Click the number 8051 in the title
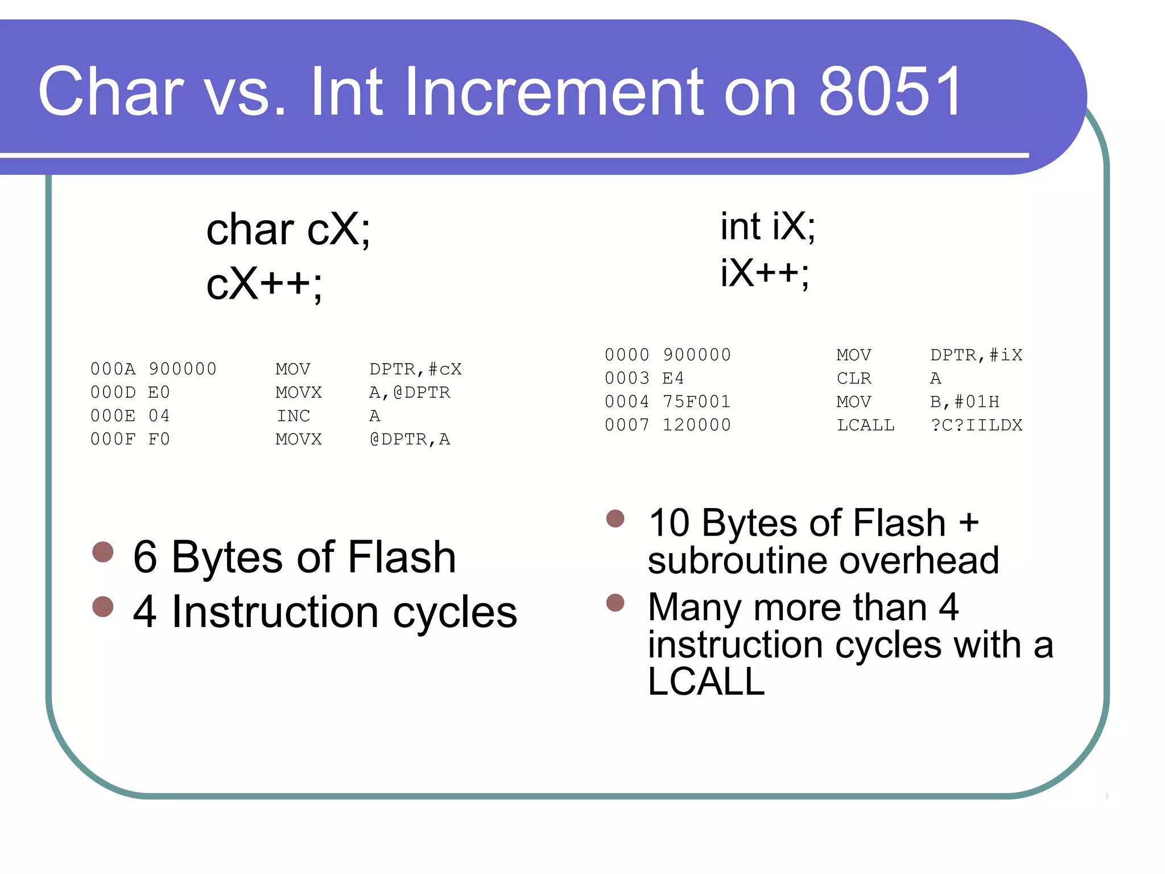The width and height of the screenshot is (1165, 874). pos(889,91)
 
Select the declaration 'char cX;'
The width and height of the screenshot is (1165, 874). pos(288,229)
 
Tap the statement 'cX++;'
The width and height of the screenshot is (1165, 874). pos(264,284)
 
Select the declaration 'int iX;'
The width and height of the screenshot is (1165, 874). pos(768,226)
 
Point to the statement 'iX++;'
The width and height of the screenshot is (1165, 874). pos(765,273)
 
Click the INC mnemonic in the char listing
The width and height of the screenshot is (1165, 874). pos(293,416)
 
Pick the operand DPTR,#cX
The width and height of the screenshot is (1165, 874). pos(415,369)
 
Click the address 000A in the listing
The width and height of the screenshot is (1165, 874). pos(113,369)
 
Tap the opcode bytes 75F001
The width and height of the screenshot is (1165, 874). pos(696,402)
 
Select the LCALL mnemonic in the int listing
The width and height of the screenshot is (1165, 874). pos(865,425)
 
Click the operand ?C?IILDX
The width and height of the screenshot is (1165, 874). pos(976,425)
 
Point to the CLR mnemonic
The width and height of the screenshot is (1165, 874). pos(854,378)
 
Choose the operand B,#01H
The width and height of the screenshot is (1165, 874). pos(964,402)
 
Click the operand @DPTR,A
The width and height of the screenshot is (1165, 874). pos(410,439)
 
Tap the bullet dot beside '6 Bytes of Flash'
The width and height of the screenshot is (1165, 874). pos(103,551)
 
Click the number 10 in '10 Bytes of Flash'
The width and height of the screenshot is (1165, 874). pos(669,523)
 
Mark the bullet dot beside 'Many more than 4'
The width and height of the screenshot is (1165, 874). pos(615,603)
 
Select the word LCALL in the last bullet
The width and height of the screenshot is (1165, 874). pos(706,681)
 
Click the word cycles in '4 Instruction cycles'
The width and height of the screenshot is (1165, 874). pos(455,613)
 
